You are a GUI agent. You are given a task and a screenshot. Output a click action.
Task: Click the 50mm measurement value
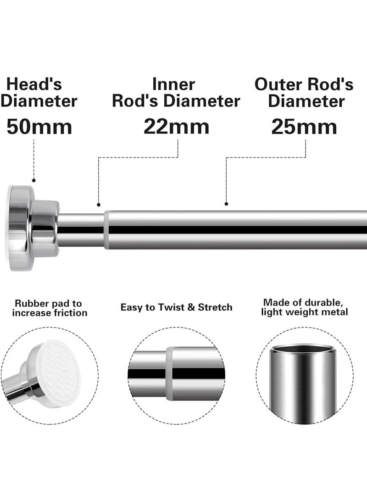coord(39,127)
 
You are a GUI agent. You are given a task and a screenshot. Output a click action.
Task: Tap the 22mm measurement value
coord(176,126)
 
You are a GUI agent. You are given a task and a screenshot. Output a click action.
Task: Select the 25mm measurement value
coord(304,127)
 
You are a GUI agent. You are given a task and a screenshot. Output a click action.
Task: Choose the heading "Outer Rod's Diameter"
coord(304,92)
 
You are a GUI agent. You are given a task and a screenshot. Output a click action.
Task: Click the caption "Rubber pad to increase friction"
coord(49,308)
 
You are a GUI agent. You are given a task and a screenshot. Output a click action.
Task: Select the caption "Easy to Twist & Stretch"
coord(176,307)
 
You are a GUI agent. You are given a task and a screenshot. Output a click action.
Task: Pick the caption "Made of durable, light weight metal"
coord(305,307)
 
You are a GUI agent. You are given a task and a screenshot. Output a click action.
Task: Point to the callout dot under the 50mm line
coord(33,180)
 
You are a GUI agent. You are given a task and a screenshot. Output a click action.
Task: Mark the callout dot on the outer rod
coord(226,204)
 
